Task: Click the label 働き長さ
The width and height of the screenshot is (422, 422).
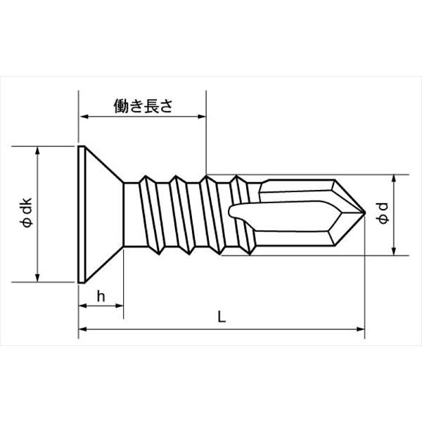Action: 143,105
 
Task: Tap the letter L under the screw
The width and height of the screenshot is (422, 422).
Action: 221,317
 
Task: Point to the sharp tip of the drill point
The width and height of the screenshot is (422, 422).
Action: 364,212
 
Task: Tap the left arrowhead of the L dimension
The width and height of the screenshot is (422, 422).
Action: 82,328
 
